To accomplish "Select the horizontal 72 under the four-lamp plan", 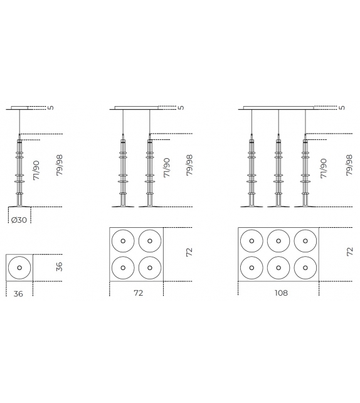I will pos(138,293).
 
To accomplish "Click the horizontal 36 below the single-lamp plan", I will pos(18,293).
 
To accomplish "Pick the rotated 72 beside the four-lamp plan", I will pos(189,252).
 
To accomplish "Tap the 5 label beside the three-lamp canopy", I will pos(342,107).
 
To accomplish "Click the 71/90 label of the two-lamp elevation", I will pos(166,168).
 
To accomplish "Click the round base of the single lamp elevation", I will pos(19,206).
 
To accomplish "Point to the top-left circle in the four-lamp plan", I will pos(124,241).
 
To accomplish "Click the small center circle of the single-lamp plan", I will pos(19,267).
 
